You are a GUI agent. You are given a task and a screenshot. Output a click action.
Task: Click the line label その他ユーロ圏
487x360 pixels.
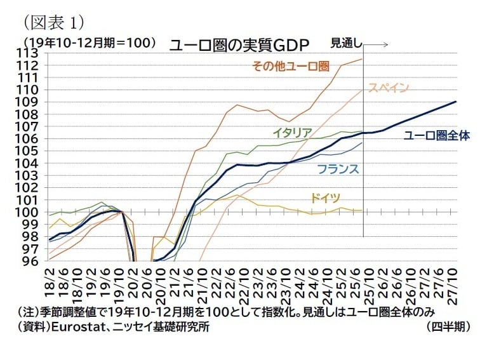click(291, 66)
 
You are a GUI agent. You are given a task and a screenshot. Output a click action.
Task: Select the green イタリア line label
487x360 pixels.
click(291, 133)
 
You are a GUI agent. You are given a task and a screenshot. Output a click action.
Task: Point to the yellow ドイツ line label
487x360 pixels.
click(326, 198)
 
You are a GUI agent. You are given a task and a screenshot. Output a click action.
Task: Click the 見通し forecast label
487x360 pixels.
click(347, 44)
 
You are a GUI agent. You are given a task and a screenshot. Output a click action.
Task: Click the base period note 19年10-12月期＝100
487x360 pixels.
click(89, 43)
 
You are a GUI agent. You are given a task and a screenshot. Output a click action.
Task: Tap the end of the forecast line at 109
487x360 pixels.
click(456, 102)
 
